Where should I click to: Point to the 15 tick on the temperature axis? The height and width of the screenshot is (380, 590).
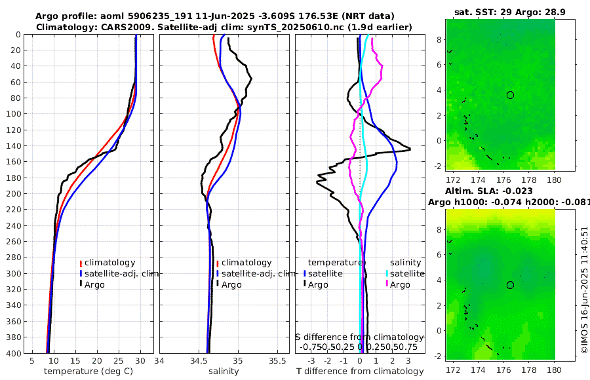coord(75,360)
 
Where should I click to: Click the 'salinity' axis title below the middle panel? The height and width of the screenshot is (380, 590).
coord(223,371)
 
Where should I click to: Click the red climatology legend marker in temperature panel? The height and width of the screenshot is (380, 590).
coord(81,263)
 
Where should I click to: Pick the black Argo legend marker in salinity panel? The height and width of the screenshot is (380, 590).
coord(217,284)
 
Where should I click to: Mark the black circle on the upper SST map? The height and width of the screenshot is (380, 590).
coord(510,95)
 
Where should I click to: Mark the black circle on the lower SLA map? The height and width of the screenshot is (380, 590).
coord(510,285)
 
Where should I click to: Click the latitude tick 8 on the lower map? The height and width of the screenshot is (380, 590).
coord(439,229)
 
